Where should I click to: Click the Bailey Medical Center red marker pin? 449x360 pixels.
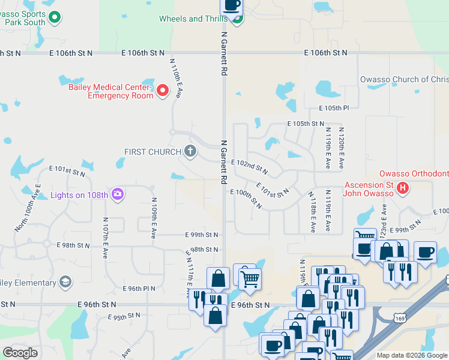162,91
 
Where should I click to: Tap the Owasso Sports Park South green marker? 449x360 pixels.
55,17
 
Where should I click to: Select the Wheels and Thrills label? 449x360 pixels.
193,19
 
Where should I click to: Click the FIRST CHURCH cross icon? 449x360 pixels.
190,151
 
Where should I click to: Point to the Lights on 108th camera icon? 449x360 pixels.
118,194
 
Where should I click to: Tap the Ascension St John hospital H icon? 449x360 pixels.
404,188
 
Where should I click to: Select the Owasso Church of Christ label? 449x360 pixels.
404,80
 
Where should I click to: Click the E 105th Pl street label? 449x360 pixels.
333,108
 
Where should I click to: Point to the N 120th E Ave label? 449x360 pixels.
341,147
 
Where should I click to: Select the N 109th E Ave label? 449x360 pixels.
154,215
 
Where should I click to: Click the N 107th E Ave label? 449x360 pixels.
105,238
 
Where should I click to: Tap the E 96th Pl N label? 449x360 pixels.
139,289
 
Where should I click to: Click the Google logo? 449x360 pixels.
20,353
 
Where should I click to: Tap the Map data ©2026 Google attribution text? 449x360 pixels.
411,355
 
